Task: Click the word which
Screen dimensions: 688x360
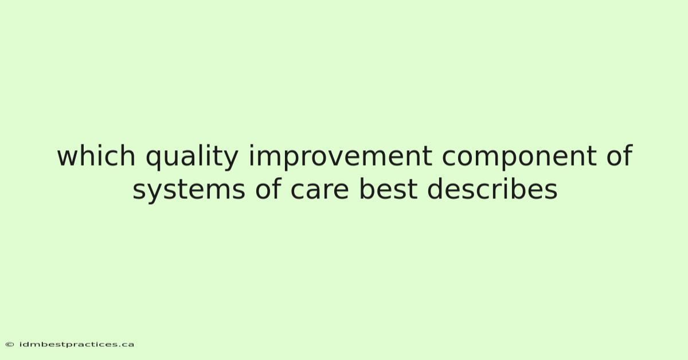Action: coord(96,155)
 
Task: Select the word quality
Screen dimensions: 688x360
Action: coord(192,157)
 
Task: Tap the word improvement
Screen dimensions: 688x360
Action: coord(340,157)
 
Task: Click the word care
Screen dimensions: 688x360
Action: coord(320,191)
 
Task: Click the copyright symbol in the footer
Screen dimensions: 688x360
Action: coord(10,345)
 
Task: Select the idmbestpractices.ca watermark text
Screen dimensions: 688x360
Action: coord(76,345)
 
